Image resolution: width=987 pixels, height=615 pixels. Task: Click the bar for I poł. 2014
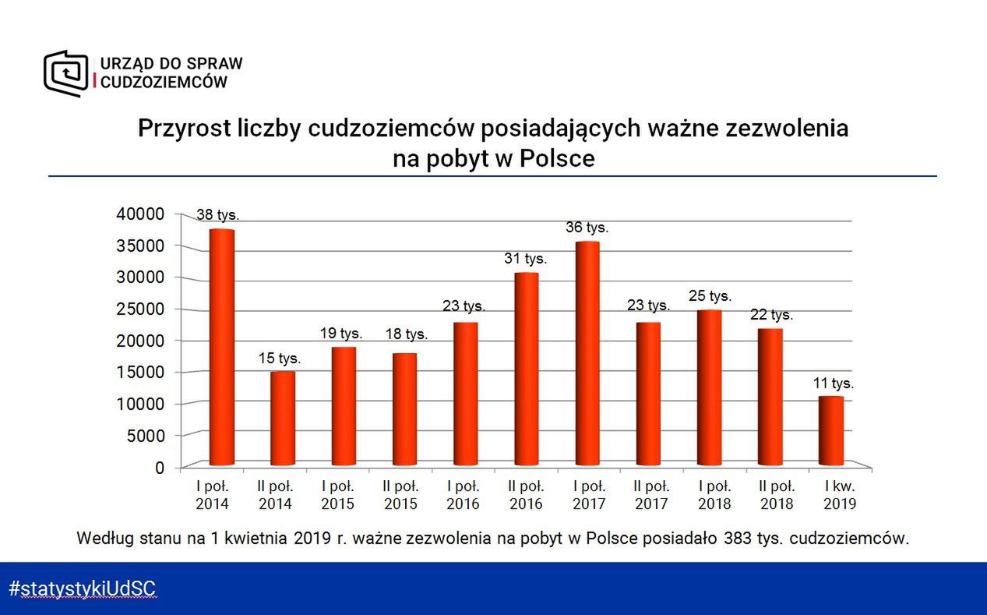221,348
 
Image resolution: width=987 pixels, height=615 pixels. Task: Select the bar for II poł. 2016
526,369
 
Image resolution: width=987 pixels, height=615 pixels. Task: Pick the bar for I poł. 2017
587,354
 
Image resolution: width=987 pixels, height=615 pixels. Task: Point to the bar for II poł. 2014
282,419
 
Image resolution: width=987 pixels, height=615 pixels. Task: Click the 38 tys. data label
217,214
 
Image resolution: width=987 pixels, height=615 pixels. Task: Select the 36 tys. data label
587,228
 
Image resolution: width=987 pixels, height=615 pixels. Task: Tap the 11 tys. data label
832,383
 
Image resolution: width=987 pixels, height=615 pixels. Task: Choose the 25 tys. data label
710,296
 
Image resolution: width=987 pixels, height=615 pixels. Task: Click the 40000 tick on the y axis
140,214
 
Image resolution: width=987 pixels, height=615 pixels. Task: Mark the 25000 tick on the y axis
140,309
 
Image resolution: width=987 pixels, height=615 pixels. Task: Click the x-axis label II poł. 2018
776,494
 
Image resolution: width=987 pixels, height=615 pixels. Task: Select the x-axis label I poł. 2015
338,494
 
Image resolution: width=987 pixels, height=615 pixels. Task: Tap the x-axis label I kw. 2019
839,494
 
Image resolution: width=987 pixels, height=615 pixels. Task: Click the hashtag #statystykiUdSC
83,588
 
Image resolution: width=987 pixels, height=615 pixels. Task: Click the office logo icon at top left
65,72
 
